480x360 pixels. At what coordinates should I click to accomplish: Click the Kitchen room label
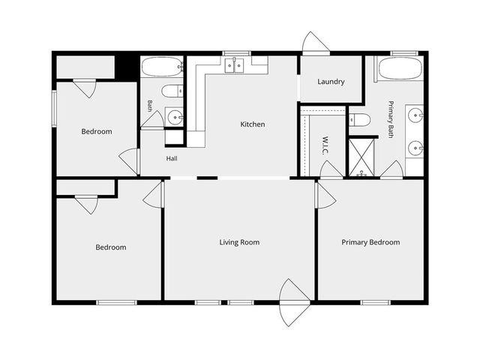[x=253, y=124]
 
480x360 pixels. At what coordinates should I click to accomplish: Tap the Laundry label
[x=331, y=82]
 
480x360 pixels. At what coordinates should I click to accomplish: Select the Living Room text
[x=239, y=242]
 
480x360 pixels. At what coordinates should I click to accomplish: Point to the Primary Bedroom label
[x=370, y=242]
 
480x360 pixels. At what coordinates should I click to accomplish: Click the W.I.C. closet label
[x=325, y=145]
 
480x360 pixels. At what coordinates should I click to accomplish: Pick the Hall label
[x=172, y=158]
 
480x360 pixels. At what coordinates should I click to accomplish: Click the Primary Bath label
[x=391, y=119]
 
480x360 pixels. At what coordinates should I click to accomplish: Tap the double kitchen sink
[x=234, y=65]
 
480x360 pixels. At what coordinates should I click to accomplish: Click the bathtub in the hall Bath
[x=162, y=67]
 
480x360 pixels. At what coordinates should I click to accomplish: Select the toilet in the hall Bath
[x=172, y=91]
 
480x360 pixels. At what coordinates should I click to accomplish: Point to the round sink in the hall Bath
[x=175, y=117]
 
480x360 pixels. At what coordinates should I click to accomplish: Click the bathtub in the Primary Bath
[x=400, y=69]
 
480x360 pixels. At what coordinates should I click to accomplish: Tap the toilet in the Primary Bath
[x=360, y=120]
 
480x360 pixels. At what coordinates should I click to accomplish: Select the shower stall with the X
[x=361, y=157]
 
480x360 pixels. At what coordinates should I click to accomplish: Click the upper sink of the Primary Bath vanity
[x=415, y=115]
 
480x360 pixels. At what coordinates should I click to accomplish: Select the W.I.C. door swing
[x=331, y=169]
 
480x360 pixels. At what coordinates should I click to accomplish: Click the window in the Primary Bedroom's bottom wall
[x=375, y=302]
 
